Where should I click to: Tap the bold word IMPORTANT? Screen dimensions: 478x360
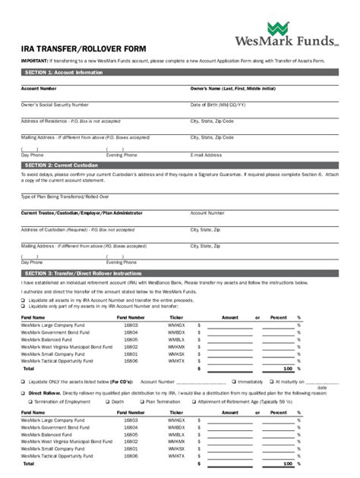pos(34,60)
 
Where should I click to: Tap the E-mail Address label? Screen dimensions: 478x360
pos(207,154)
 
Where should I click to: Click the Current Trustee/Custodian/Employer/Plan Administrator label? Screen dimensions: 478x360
pos(81,213)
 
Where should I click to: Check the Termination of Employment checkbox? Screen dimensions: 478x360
pos(24,402)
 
